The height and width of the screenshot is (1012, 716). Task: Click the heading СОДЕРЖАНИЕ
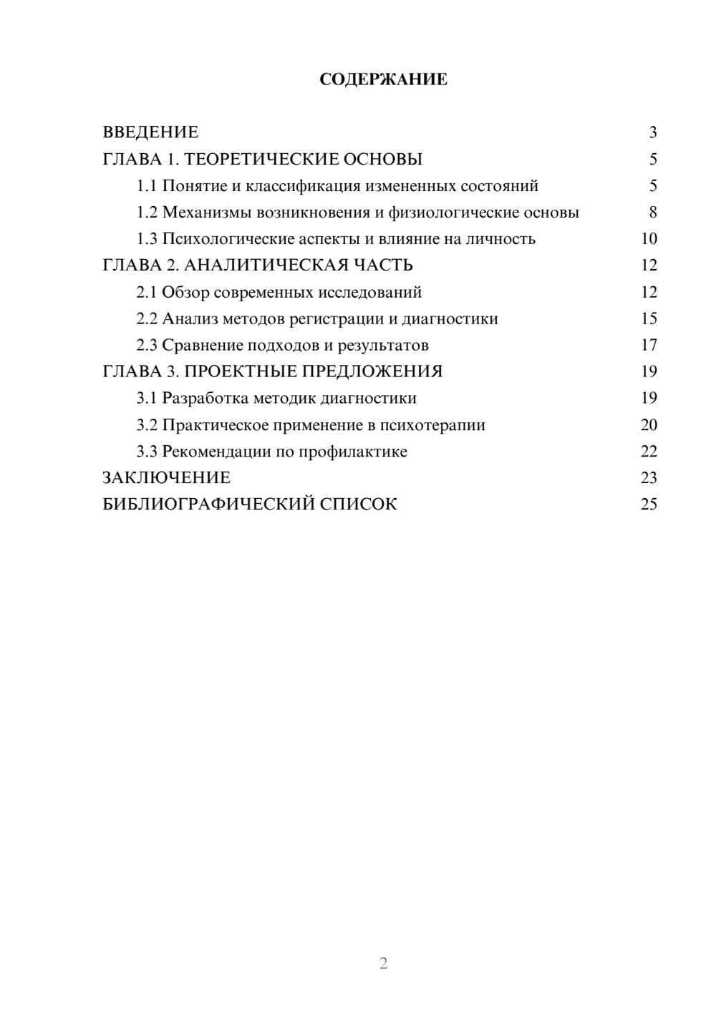[383, 79]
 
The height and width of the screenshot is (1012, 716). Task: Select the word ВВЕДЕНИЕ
[150, 132]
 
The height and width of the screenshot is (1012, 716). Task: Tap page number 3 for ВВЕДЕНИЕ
[652, 132]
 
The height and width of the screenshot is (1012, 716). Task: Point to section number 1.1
[147, 186]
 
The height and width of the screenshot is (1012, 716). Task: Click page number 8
[652, 213]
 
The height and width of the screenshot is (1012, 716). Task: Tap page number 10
[649, 239]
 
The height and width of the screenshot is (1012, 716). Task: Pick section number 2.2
[147, 319]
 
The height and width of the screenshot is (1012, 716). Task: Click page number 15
[649, 319]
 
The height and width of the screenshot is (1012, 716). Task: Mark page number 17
[649, 346]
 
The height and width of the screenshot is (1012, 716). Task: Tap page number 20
[649, 425]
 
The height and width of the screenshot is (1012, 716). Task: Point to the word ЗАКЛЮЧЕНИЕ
[167, 478]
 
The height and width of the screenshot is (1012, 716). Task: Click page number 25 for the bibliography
[649, 505]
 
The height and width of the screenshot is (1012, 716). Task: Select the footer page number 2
[383, 963]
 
